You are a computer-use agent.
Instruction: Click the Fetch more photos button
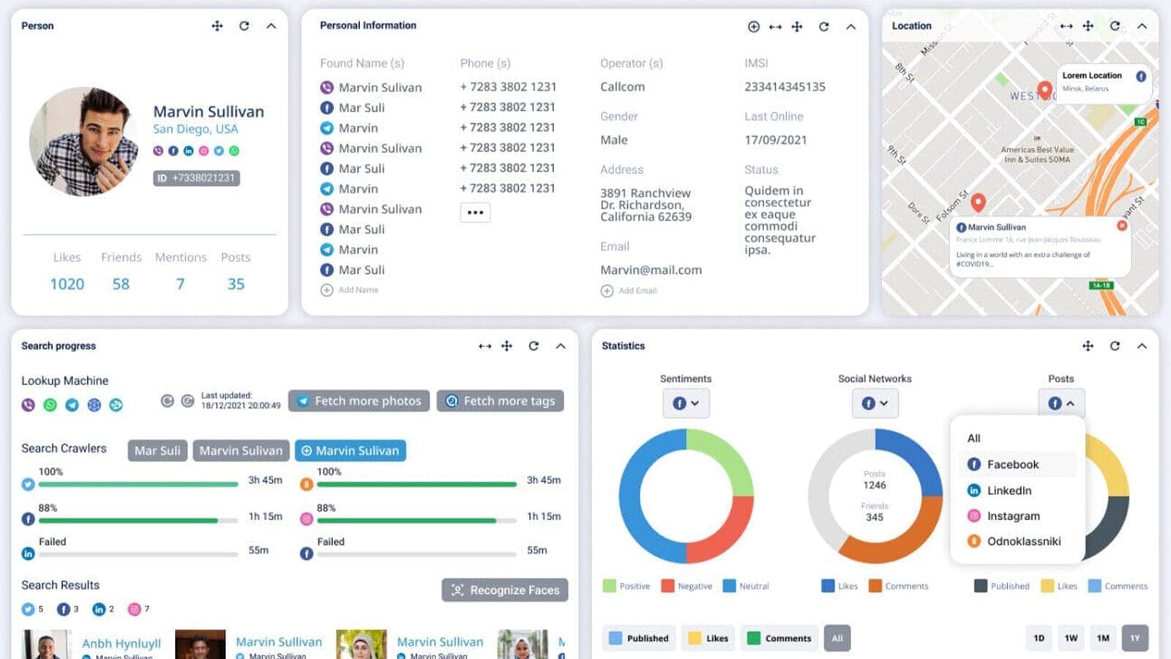[359, 401]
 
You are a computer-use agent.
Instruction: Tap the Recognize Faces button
[505, 590]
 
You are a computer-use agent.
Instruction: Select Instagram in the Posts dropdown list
[1013, 516]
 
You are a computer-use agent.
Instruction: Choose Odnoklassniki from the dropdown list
[1023, 542]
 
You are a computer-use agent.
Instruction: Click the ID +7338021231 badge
[196, 178]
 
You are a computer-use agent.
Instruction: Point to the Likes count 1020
[67, 284]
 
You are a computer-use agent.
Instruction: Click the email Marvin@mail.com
[651, 270]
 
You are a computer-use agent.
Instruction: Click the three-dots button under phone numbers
[475, 212]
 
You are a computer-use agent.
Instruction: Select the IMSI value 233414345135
[785, 87]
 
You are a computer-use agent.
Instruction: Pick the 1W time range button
[1071, 638]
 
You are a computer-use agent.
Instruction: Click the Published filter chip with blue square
[639, 638]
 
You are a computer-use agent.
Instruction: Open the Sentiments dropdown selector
[686, 403]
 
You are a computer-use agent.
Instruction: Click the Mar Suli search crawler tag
[157, 451]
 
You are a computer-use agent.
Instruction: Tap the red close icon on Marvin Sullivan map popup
[1122, 226]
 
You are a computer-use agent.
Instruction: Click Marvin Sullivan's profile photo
[84, 141]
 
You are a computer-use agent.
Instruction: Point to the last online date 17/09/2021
[775, 140]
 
